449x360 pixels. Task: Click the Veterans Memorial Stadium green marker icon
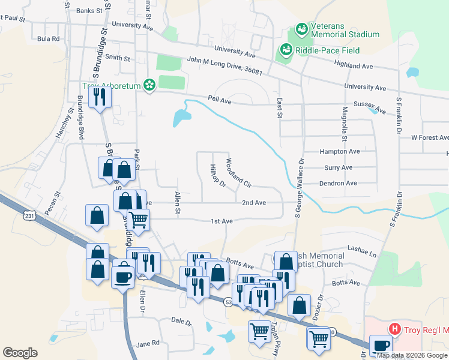point(301,28)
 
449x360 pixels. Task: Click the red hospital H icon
point(394,329)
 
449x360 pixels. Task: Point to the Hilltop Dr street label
point(217,175)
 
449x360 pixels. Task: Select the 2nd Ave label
point(254,203)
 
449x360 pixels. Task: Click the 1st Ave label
point(221,221)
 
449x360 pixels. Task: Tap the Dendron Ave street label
point(338,183)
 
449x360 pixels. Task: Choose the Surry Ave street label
point(338,167)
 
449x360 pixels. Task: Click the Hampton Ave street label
point(340,152)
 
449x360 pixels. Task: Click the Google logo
point(20,353)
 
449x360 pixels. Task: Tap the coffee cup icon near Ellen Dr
point(123,277)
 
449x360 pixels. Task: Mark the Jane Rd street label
point(148,343)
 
